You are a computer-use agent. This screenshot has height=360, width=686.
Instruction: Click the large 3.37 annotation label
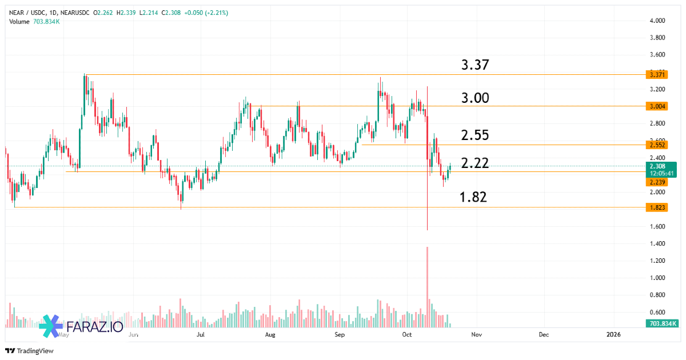pyautogui.click(x=475, y=65)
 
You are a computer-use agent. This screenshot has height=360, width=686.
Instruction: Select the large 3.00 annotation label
pyautogui.click(x=475, y=98)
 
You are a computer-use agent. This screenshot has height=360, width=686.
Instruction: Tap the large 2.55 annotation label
pyautogui.click(x=475, y=135)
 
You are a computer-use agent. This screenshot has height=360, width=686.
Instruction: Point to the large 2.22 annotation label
pyautogui.click(x=475, y=164)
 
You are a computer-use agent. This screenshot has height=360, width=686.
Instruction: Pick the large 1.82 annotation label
pyautogui.click(x=473, y=198)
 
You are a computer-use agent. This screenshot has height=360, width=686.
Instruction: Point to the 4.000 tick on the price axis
pyautogui.click(x=657, y=21)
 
